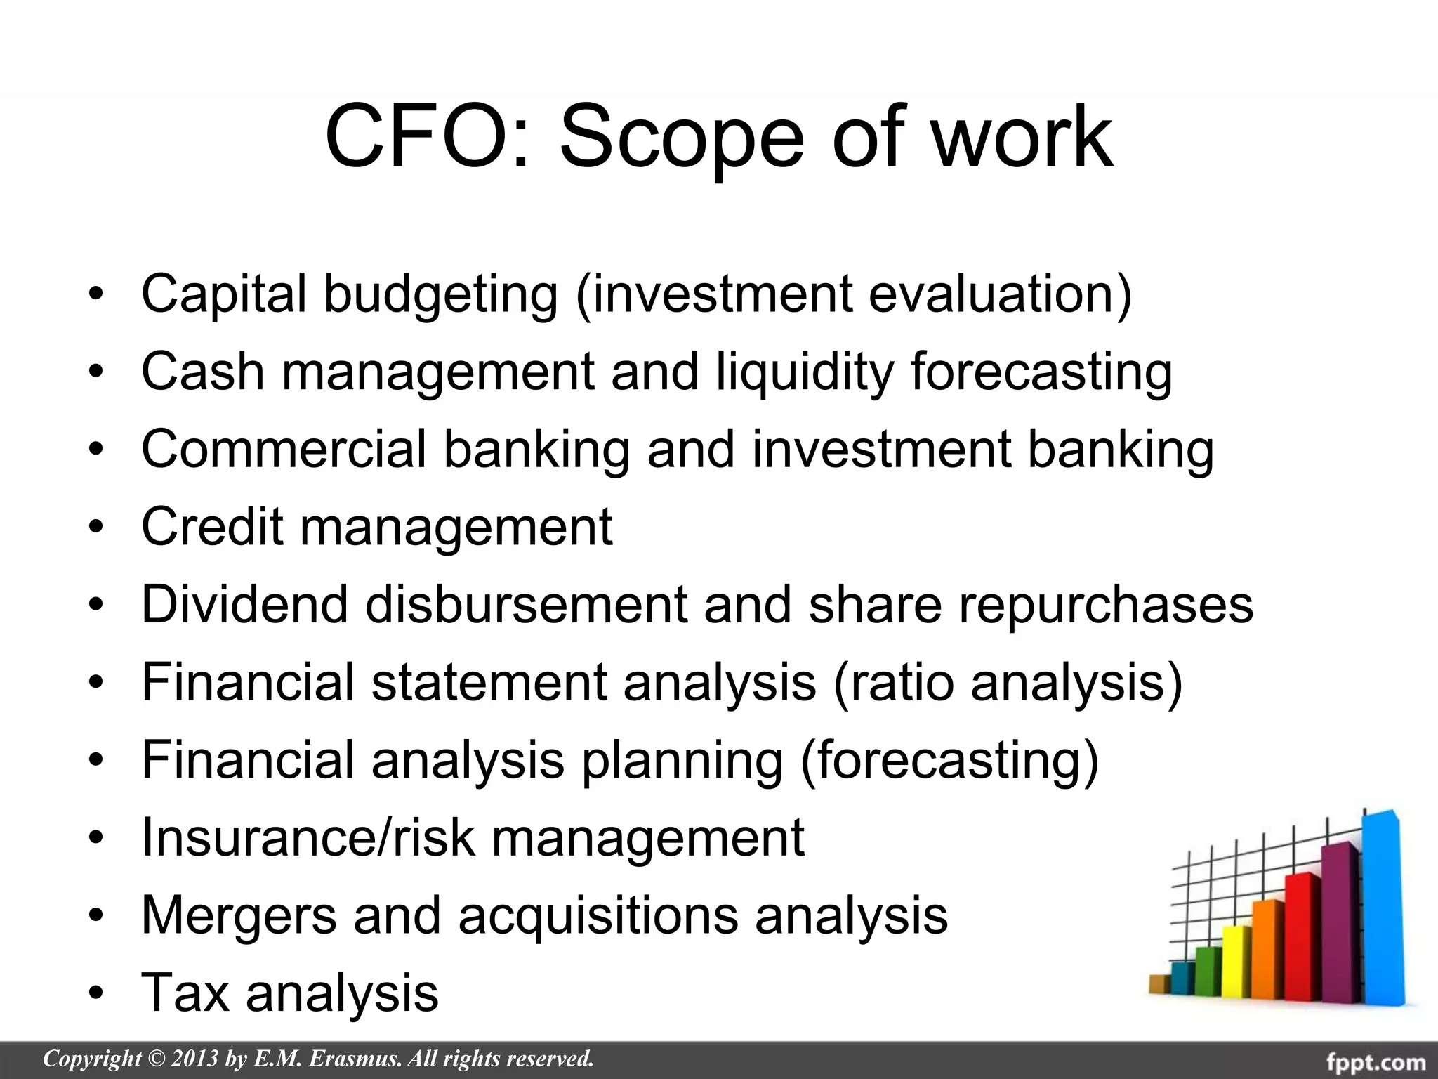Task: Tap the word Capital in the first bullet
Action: coord(224,293)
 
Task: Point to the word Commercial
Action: coord(284,449)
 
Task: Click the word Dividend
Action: coord(244,604)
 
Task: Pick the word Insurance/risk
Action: coord(308,837)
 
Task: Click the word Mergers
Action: coord(239,915)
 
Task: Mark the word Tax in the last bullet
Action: coord(185,993)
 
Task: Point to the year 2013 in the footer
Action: coord(192,1058)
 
